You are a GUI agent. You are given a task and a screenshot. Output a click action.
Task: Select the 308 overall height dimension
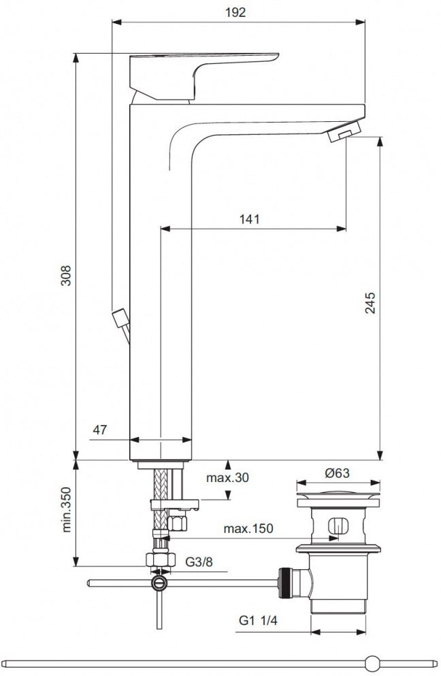coord(66,275)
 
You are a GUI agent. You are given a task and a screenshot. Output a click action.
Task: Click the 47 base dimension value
coord(100,430)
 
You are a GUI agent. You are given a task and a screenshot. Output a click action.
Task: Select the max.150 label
coord(249,529)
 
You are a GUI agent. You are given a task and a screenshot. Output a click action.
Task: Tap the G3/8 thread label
coord(199,562)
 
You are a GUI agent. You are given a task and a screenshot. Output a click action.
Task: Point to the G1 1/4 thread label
coord(257,620)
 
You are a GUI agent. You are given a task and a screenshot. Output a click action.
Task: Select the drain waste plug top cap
coord(338,498)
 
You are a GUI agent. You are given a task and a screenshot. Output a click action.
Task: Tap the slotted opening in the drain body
coord(338,528)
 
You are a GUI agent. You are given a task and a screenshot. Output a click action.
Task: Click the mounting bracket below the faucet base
coord(174,504)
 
